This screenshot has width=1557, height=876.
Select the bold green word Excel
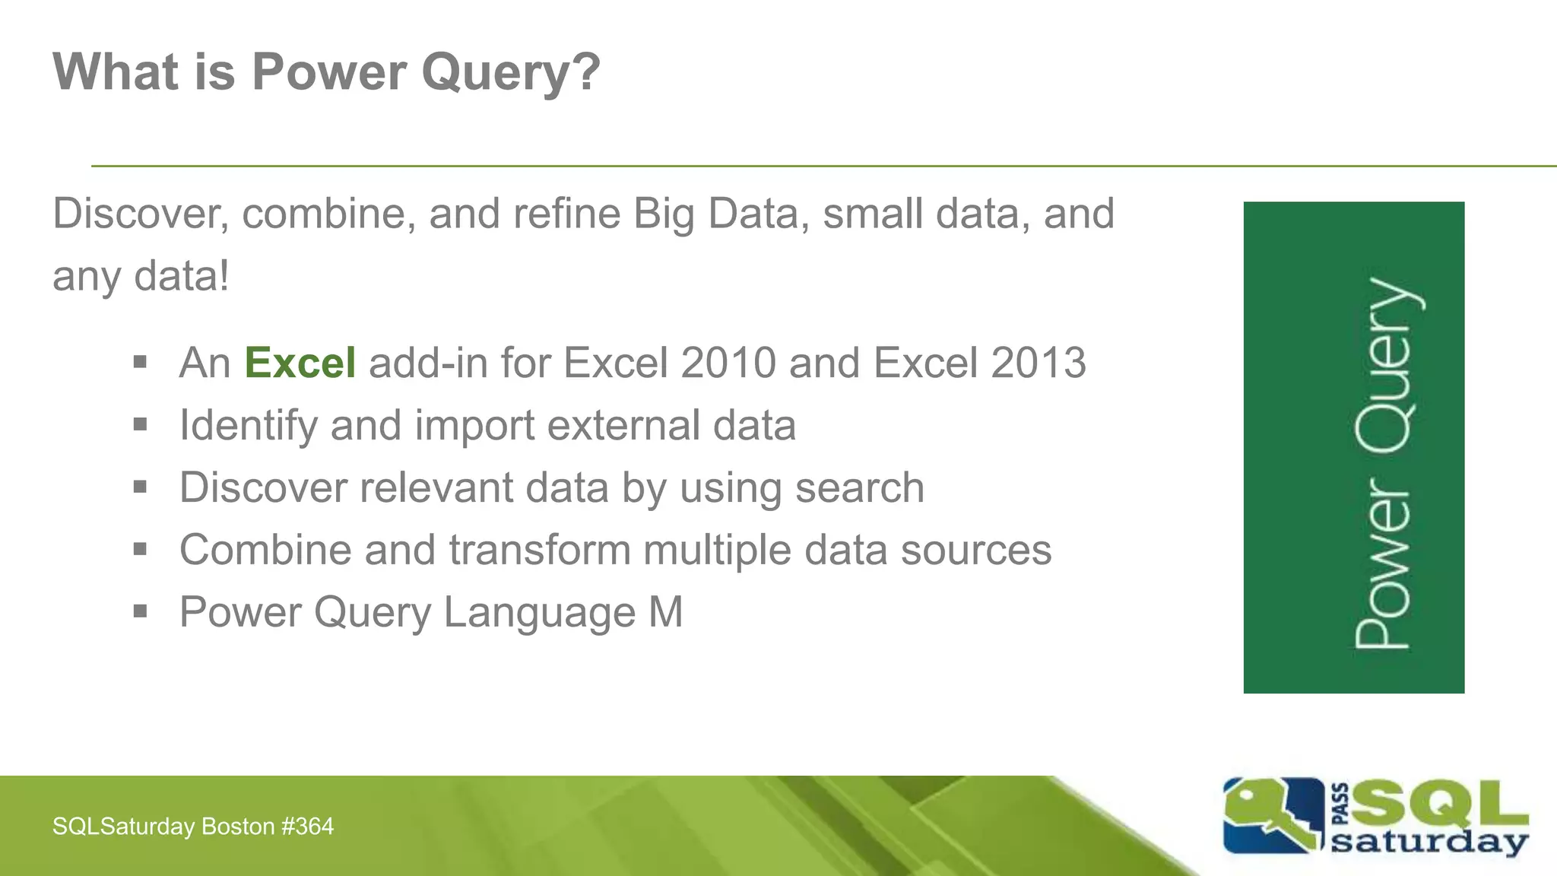tap(300, 363)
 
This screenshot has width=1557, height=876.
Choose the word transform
tap(539, 550)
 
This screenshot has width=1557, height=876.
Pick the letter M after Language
tap(666, 612)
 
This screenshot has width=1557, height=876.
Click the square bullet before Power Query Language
tap(140, 611)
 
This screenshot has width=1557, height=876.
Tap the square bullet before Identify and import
tap(140, 424)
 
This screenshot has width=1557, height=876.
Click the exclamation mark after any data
tap(223, 275)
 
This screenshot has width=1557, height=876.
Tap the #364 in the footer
tap(307, 827)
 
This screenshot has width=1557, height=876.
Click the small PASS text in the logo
tap(1341, 804)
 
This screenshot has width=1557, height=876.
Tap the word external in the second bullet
tap(623, 425)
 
